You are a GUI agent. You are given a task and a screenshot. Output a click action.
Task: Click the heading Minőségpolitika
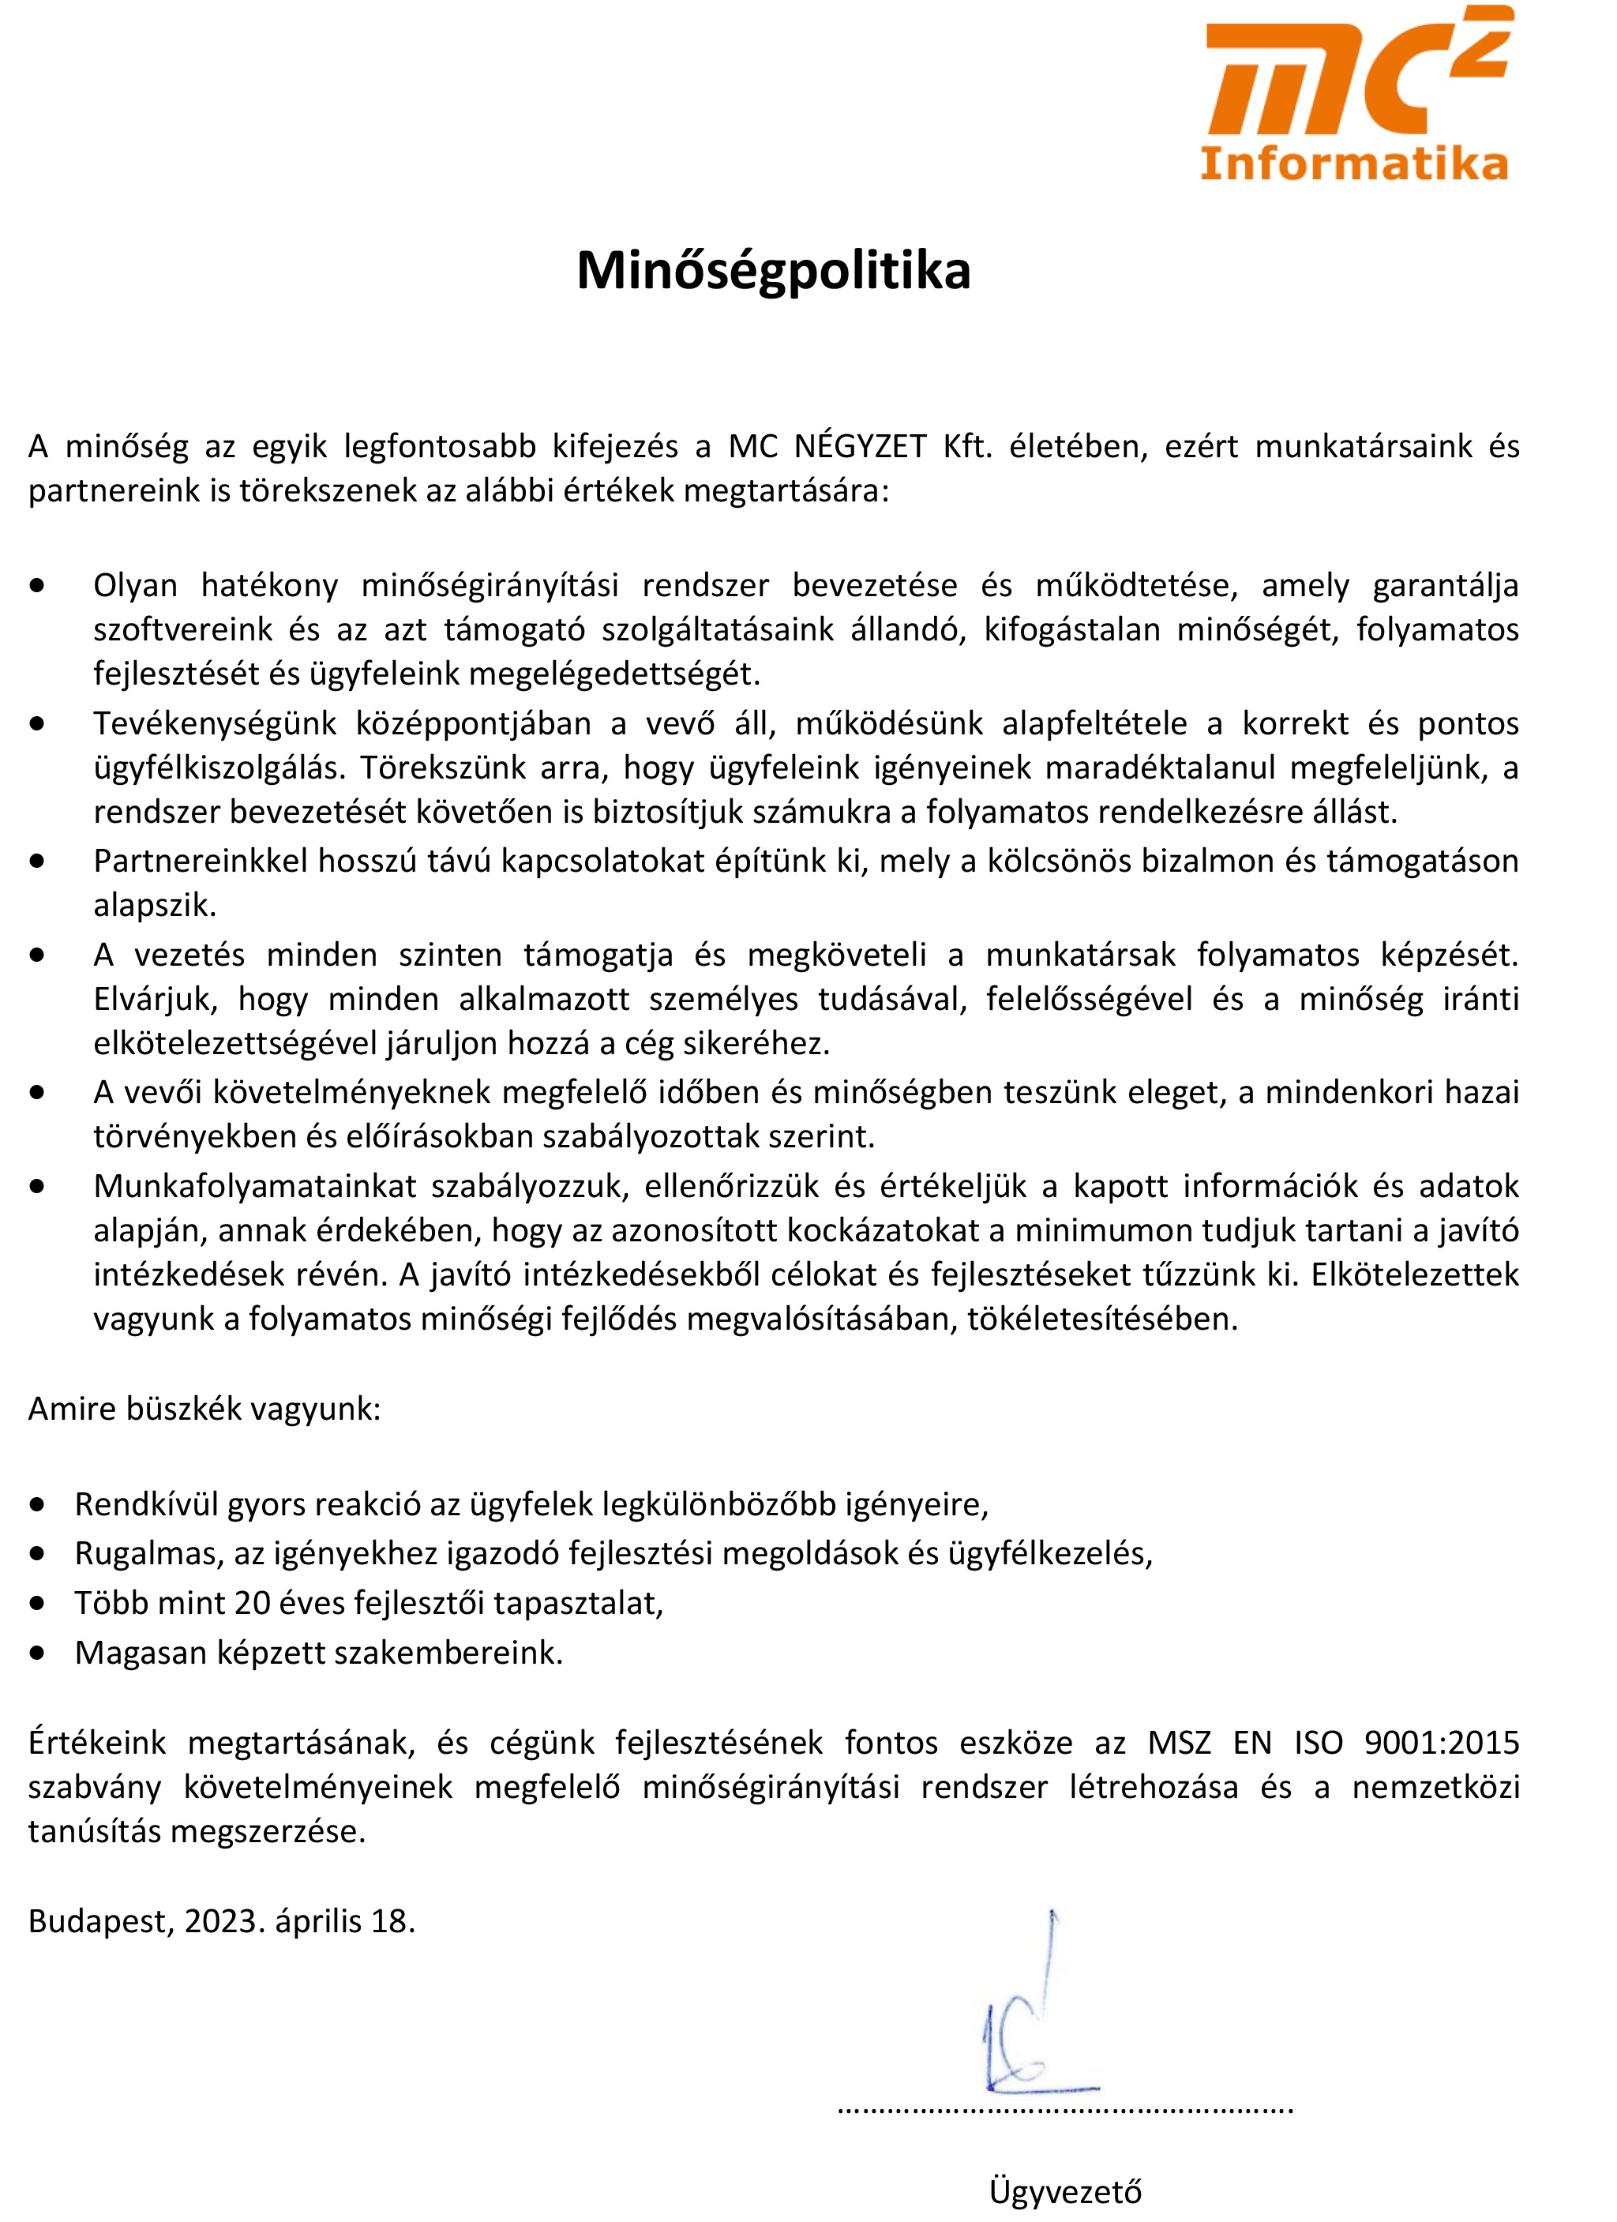(x=773, y=270)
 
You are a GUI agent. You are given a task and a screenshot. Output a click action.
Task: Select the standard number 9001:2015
(x=1441, y=1743)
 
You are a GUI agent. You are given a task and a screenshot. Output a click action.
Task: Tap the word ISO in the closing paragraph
(x=1319, y=1743)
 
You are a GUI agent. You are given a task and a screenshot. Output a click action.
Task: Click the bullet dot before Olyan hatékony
(x=37, y=586)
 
